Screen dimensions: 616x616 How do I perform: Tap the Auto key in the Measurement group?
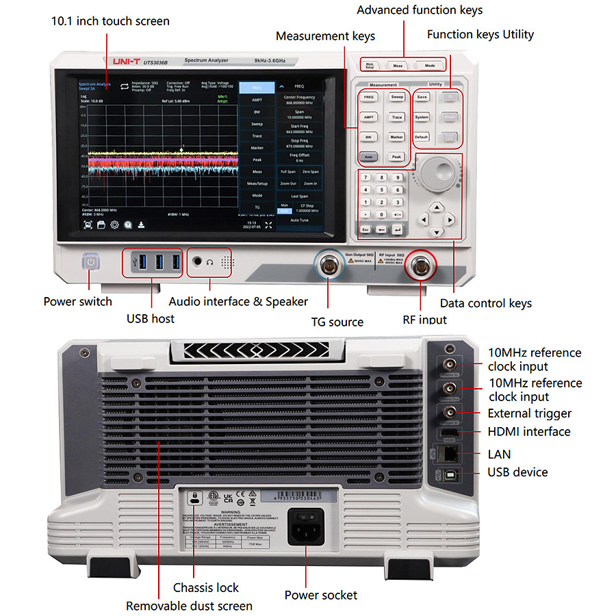click(368, 157)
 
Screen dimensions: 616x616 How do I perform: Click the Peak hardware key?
click(397, 157)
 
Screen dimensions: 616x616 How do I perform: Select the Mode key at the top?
click(430, 66)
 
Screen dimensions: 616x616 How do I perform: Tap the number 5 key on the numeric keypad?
click(385, 190)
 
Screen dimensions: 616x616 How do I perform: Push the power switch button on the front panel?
click(90, 262)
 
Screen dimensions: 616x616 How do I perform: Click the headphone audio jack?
click(198, 261)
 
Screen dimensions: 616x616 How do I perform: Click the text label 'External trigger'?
click(529, 413)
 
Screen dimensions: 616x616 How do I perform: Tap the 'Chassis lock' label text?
click(206, 587)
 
